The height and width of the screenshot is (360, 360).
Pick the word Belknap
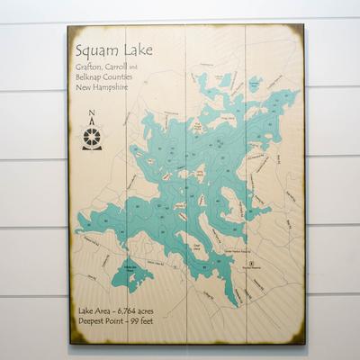coord(90,77)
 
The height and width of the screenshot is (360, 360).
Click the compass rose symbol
coord(92,136)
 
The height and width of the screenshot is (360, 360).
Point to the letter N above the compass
coord(92,114)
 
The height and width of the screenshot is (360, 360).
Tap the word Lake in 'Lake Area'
coord(87,310)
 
